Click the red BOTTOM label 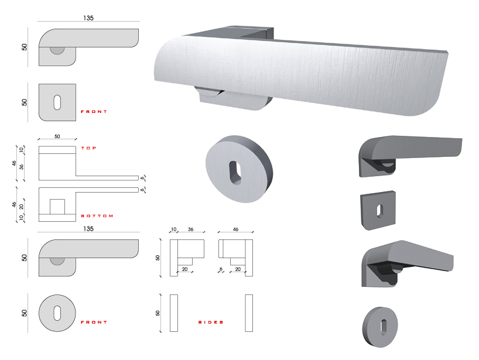pyautogui.click(x=97, y=216)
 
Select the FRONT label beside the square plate pyautogui.click(x=94, y=111)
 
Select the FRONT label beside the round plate pyautogui.click(x=94, y=323)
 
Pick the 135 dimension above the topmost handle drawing pyautogui.click(x=88, y=18)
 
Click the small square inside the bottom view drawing pyautogui.click(x=57, y=207)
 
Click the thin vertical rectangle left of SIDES pyautogui.click(x=173, y=313)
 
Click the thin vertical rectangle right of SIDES pyautogui.click(x=249, y=313)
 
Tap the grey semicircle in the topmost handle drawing pyautogui.click(x=57, y=50)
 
